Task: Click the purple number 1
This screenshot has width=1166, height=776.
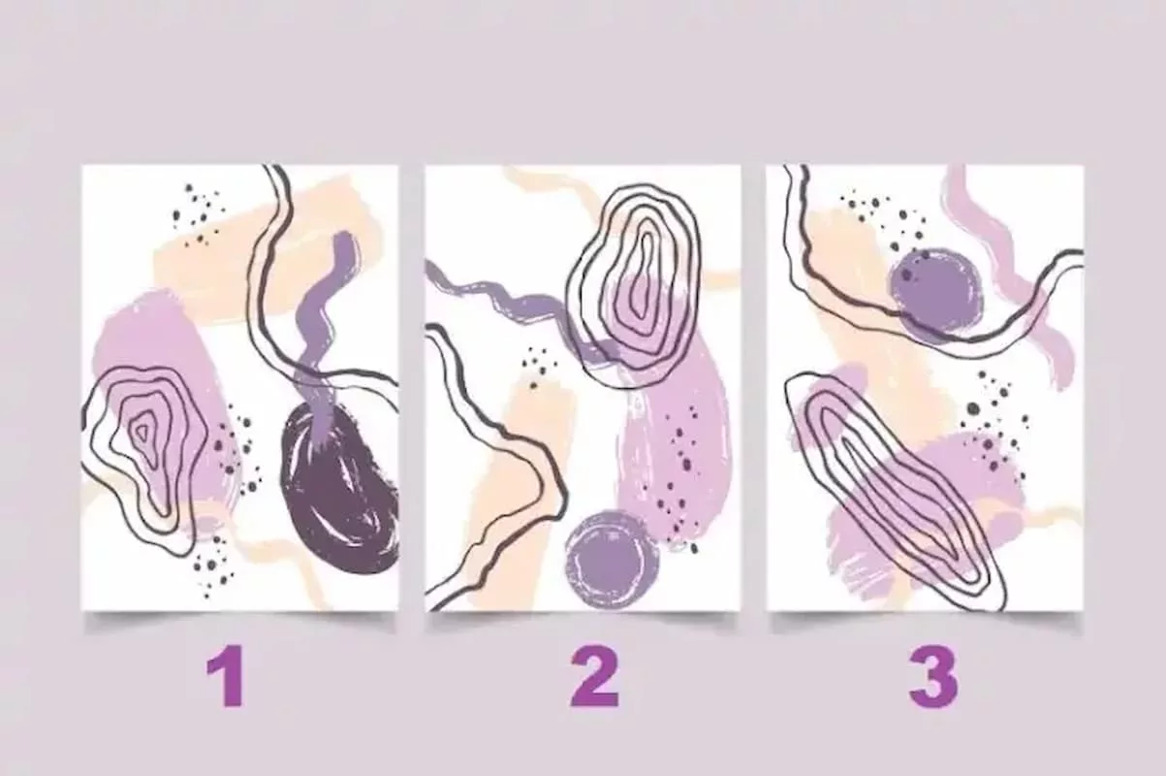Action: click(x=227, y=676)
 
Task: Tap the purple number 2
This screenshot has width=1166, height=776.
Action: click(x=595, y=676)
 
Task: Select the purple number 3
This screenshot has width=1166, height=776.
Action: click(x=933, y=676)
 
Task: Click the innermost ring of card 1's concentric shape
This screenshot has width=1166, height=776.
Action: click(x=142, y=430)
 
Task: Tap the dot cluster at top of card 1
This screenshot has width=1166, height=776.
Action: click(x=198, y=213)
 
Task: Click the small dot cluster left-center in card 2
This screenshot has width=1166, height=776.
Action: click(x=536, y=368)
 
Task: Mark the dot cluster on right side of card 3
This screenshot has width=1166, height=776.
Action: click(x=989, y=422)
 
